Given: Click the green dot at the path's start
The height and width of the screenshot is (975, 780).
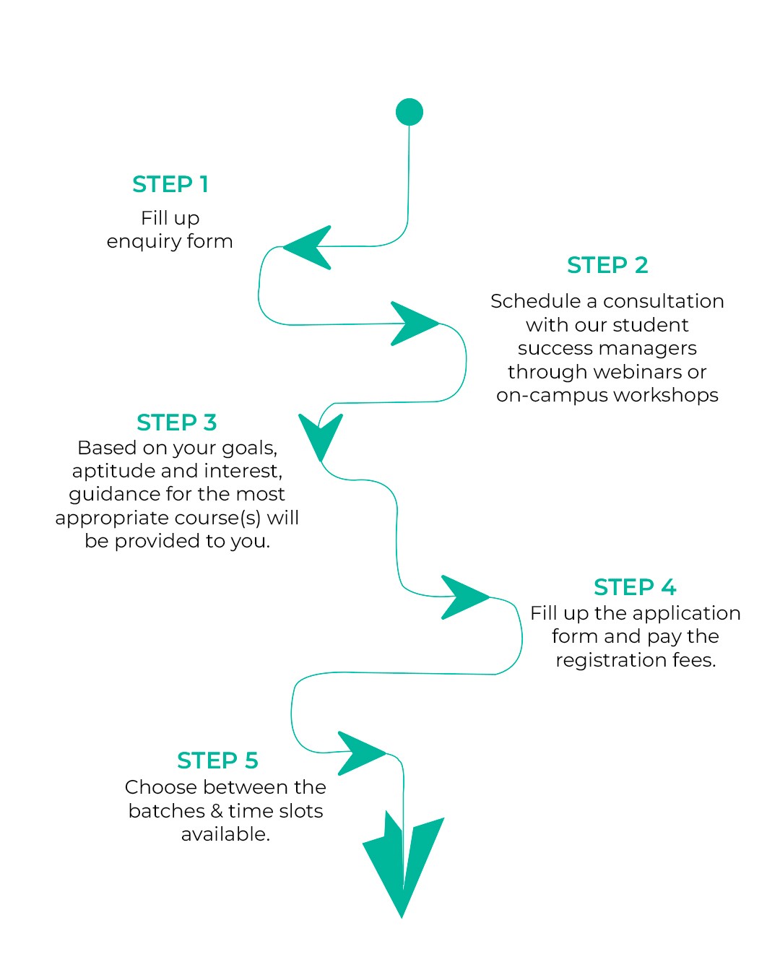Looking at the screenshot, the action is [409, 111].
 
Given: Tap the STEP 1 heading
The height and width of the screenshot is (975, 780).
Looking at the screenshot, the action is [170, 184].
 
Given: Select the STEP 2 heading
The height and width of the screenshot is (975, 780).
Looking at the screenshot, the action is [607, 265].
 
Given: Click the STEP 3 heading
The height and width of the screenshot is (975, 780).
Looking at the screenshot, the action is [177, 422].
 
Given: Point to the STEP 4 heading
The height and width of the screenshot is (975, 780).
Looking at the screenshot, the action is [635, 587].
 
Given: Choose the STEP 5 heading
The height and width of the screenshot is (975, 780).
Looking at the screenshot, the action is [217, 760].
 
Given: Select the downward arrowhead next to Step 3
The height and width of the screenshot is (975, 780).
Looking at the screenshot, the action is [321, 435].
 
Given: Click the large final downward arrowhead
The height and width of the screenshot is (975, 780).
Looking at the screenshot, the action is [403, 865].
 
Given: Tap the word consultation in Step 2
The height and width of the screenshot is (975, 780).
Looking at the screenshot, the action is [664, 301].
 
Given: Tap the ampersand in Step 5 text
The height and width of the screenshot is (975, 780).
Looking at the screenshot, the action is [216, 811].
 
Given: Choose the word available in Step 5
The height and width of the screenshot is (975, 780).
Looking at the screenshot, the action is [225, 834].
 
